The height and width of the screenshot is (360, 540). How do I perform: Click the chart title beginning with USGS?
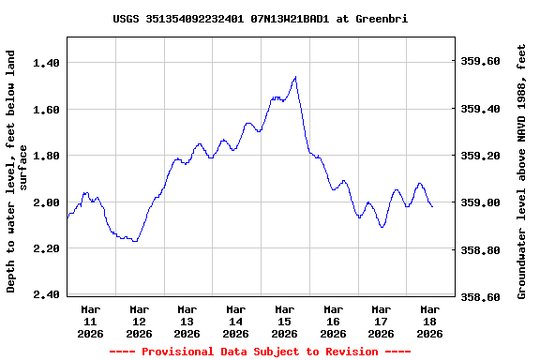(260, 19)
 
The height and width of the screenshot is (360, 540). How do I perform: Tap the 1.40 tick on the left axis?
(47, 62)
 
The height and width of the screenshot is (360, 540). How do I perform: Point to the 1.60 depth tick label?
(47, 109)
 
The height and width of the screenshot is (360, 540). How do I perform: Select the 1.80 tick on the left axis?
(47, 156)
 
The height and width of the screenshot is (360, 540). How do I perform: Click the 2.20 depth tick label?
(47, 248)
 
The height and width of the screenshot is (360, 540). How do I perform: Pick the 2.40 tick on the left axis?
(47, 295)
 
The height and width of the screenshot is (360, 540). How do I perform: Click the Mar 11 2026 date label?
(91, 321)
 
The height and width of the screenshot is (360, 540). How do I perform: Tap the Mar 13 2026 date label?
(187, 321)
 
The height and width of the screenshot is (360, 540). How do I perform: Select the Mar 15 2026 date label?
(284, 321)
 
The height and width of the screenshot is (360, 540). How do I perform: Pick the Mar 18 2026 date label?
(429, 321)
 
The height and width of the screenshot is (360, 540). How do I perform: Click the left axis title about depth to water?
(17, 172)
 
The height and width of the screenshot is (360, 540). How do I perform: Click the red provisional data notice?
(260, 352)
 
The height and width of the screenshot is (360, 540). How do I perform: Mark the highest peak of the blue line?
(295, 77)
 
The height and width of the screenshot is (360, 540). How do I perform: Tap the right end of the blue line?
(432, 206)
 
